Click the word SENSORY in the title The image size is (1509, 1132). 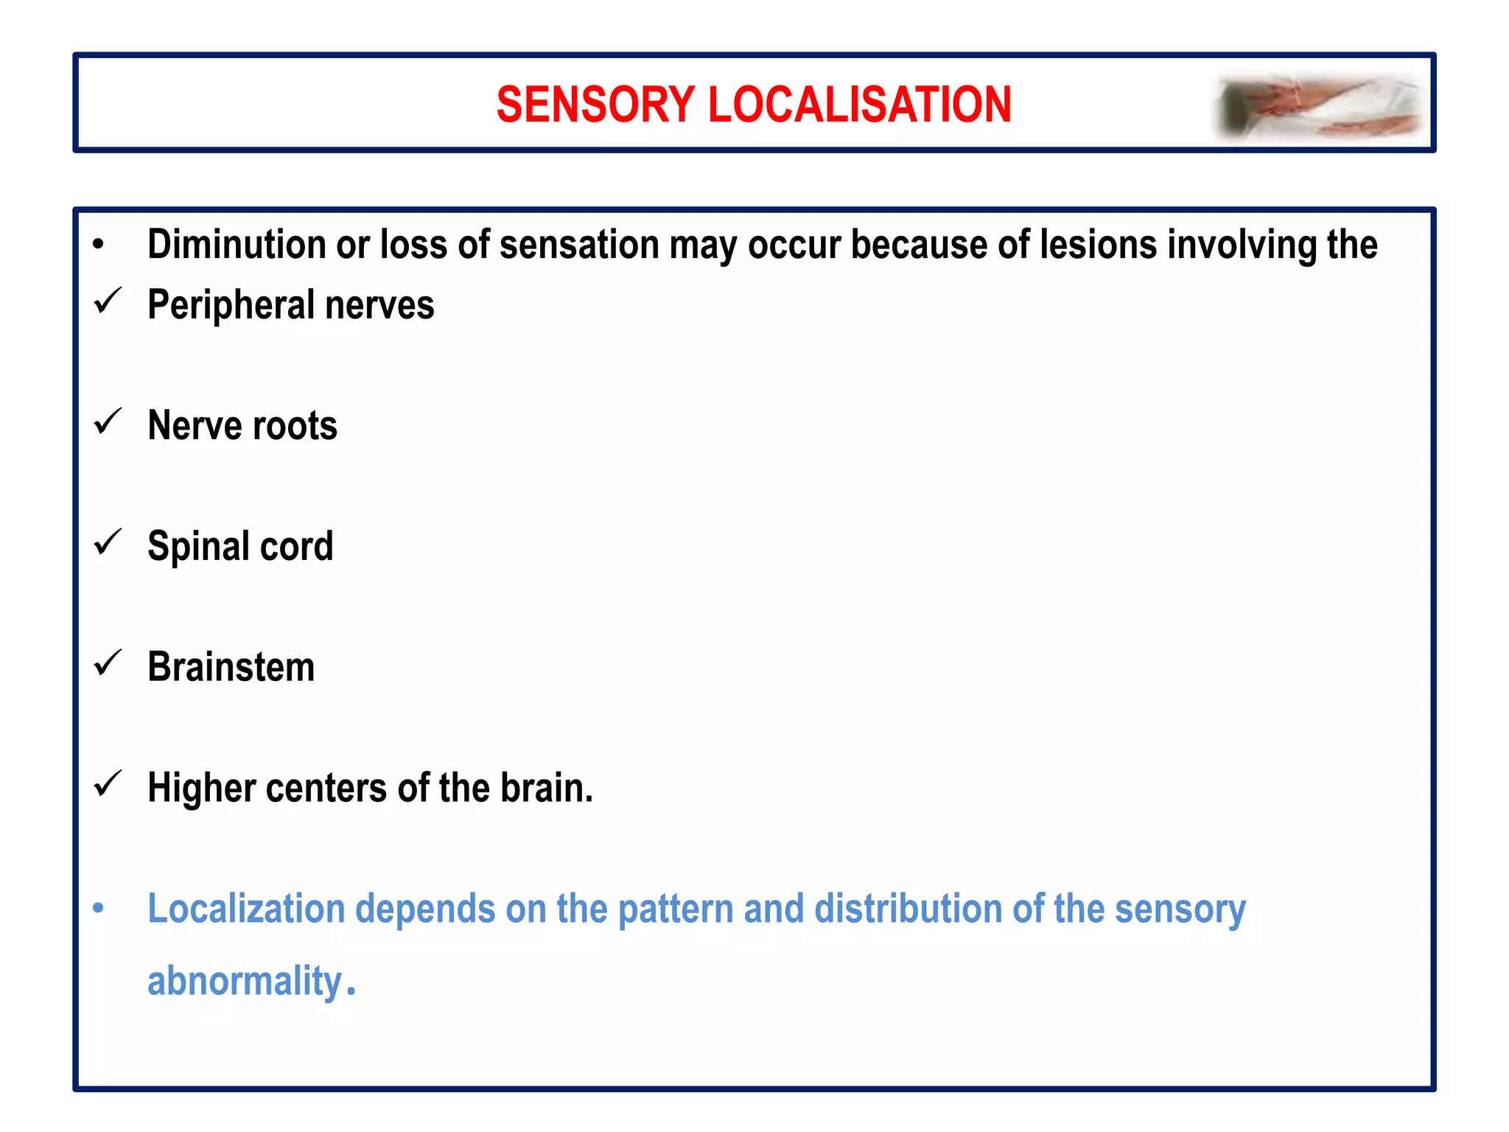tap(595, 104)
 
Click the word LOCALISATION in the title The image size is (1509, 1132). tap(859, 104)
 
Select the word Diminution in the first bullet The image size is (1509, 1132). tap(236, 245)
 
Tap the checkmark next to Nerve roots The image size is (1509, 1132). tap(108, 422)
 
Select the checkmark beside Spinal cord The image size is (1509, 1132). tap(108, 542)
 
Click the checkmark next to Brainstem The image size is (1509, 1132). tap(108, 663)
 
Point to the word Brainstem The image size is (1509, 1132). tap(231, 668)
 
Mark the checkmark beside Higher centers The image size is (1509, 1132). tap(108, 784)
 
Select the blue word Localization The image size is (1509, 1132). tap(246, 909)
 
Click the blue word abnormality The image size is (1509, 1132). tap(245, 982)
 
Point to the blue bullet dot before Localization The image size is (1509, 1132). tap(98, 908)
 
